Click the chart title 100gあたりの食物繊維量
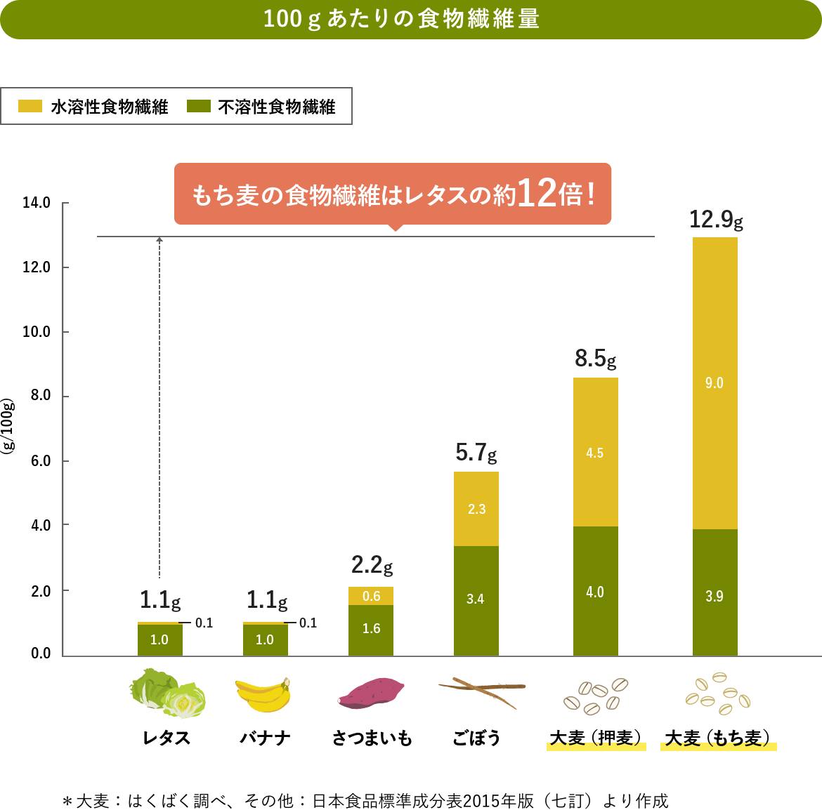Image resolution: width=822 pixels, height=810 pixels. (x=401, y=19)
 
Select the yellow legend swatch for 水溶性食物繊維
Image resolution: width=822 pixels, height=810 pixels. (x=30, y=106)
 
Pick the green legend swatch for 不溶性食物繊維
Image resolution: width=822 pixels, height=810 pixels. (x=198, y=106)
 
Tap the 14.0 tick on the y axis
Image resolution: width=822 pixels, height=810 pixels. (x=37, y=203)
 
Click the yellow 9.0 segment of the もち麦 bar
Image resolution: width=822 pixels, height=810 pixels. (x=715, y=383)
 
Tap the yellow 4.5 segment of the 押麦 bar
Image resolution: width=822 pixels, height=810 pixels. (x=595, y=452)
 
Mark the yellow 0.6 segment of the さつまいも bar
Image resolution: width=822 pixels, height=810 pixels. (x=371, y=596)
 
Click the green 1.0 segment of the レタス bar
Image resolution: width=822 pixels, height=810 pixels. (x=159, y=639)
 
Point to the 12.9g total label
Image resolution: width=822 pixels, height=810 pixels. (x=715, y=220)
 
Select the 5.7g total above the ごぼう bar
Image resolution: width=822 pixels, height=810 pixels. (x=476, y=453)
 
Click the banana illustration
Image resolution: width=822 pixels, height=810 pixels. (x=263, y=696)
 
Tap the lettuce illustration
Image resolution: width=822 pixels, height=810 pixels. (x=168, y=694)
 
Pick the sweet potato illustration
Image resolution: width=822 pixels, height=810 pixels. (x=370, y=691)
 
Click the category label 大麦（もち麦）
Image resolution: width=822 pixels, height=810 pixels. (x=718, y=738)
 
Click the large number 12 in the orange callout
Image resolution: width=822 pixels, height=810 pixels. (x=537, y=193)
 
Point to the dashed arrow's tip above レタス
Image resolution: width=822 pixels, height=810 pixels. (x=159, y=240)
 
